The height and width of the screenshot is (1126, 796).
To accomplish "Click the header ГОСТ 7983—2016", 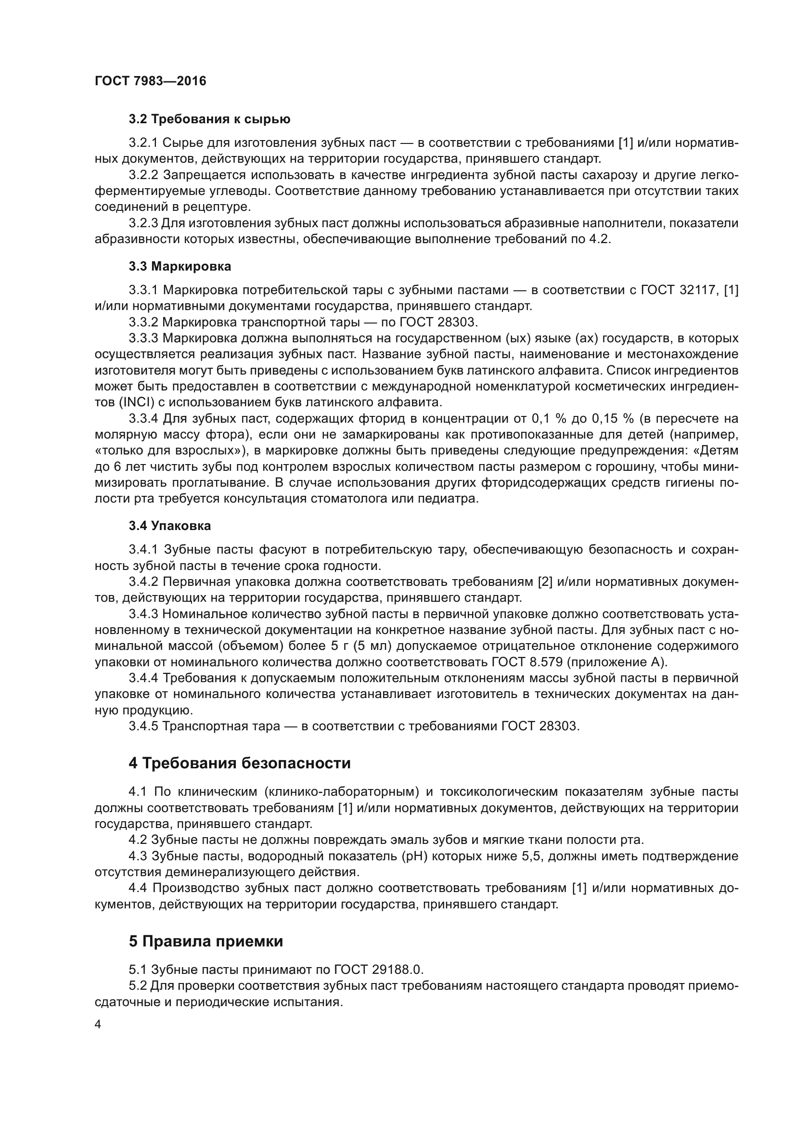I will coord(151,81).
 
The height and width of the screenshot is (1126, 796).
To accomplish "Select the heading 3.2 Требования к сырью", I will coord(209,119).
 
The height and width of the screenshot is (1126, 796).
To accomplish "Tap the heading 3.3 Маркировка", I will coord(180,267).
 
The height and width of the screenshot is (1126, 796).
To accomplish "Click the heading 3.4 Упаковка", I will coord(169,526).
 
